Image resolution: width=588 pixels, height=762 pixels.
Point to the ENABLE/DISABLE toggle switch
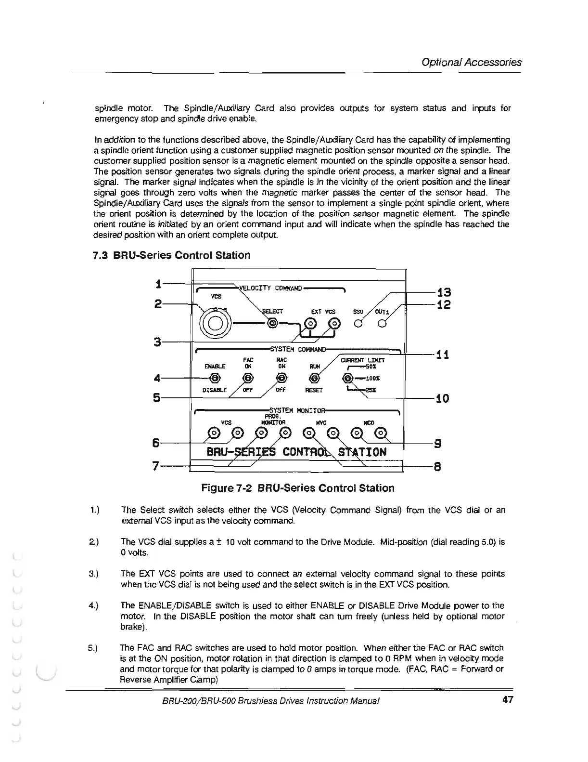point(215,378)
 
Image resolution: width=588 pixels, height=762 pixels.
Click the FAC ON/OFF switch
point(248,378)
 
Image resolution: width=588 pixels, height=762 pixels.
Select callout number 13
point(443,292)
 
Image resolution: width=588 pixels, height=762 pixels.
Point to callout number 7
point(155,466)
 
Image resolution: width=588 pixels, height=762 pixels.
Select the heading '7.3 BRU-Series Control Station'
point(172,255)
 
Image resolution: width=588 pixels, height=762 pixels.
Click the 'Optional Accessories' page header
point(471,62)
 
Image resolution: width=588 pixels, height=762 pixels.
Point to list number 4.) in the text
point(94,605)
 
